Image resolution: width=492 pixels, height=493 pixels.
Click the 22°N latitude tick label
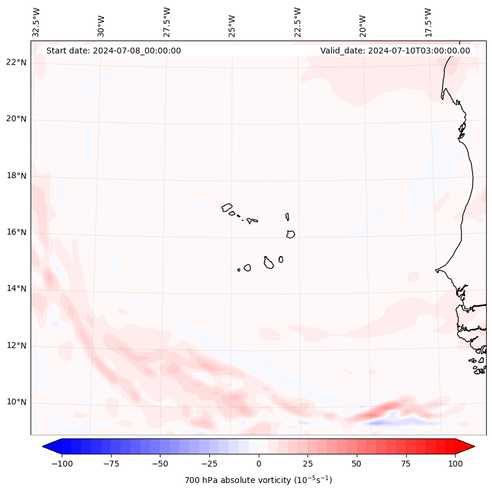[16, 63]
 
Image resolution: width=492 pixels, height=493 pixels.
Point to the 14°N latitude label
[16, 289]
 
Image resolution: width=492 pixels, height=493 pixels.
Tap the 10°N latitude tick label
[16, 403]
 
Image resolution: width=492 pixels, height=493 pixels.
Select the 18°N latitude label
[16, 176]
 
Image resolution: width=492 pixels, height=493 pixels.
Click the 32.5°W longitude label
[36, 22]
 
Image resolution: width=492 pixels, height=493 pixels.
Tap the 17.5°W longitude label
[428, 22]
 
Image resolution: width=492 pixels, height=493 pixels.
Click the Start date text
[113, 51]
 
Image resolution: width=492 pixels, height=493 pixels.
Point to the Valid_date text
[395, 51]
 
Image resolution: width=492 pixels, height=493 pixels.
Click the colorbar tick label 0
[258, 464]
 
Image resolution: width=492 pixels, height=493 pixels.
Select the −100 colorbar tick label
[62, 464]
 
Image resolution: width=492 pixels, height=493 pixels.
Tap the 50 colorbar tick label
[356, 464]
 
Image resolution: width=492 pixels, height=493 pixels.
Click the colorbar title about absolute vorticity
[258, 480]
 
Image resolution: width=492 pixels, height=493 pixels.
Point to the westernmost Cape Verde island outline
[227, 207]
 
